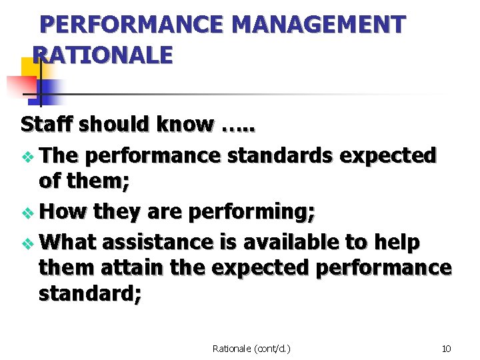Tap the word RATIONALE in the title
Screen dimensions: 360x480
[102, 55]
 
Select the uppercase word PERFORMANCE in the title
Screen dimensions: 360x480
[131, 25]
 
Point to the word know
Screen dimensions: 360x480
[186, 124]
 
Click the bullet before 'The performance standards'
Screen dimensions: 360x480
[27, 157]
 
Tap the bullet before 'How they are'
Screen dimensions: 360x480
[27, 214]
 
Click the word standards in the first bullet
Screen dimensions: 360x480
[281, 155]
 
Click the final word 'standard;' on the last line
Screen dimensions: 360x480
[90, 295]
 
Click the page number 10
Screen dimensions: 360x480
[447, 348]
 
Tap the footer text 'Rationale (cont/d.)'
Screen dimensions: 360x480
[252, 348]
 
